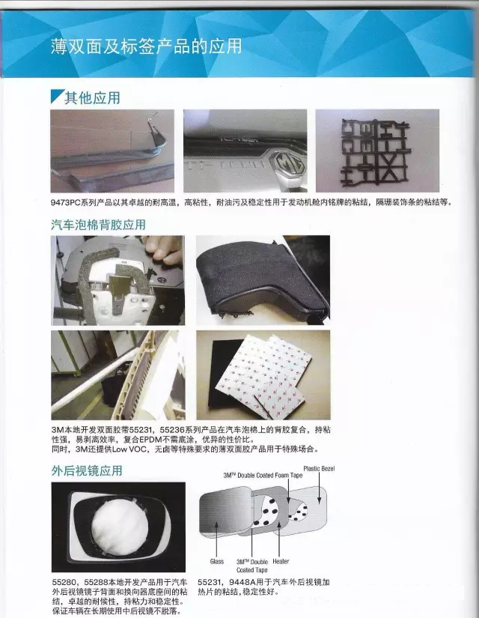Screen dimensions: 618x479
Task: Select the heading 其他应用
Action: [x=91, y=97]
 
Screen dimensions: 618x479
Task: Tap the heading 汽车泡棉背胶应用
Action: [x=97, y=224]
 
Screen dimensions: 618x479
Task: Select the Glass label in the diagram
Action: [x=216, y=561]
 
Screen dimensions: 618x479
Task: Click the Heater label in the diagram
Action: [x=281, y=561]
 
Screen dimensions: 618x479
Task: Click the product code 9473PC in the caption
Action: [x=67, y=203]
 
